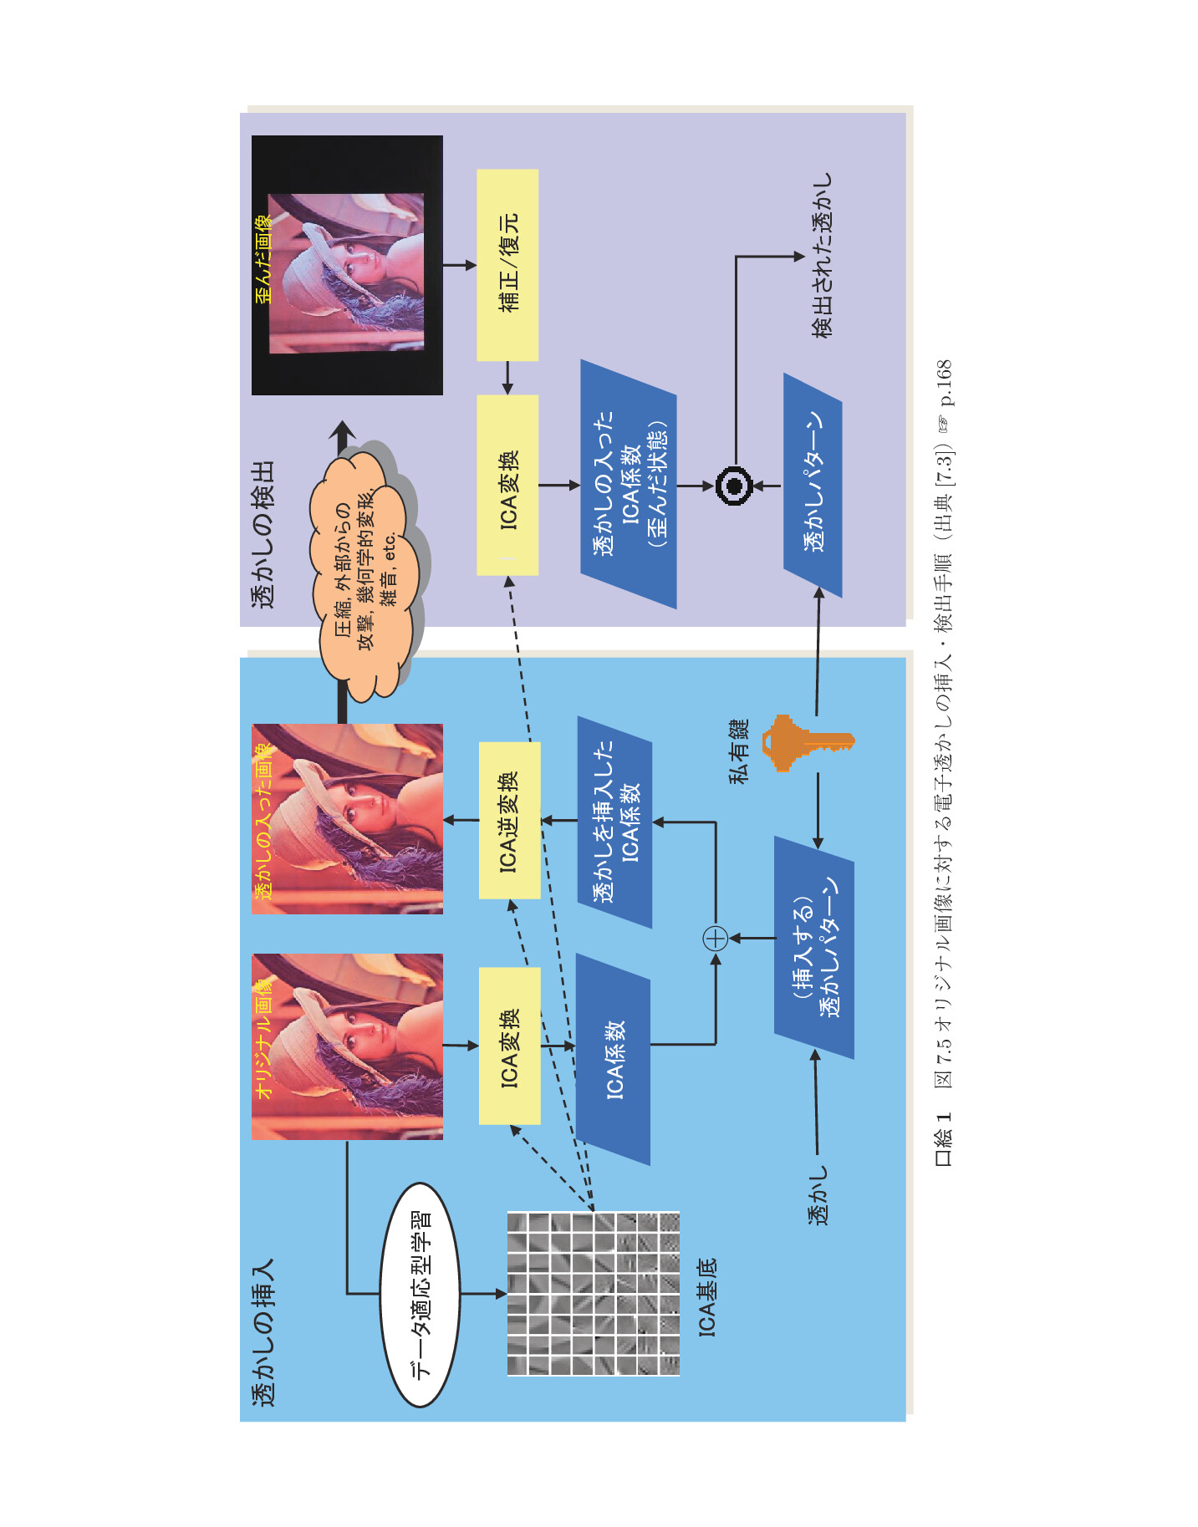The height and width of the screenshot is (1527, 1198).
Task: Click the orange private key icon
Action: tap(808, 742)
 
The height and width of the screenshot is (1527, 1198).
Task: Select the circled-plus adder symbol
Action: tap(716, 939)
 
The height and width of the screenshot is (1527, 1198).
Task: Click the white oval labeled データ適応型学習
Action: tap(421, 1295)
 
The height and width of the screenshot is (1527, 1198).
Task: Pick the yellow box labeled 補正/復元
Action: tap(507, 265)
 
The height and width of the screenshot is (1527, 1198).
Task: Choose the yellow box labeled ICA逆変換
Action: tap(509, 821)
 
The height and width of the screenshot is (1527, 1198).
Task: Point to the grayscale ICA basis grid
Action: tap(593, 1294)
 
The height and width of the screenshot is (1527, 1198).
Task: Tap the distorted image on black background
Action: tap(347, 265)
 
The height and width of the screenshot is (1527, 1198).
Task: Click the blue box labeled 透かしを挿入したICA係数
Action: tap(614, 822)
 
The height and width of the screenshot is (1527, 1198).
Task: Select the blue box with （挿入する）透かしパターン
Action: tap(814, 948)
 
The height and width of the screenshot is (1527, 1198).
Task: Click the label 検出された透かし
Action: tap(823, 256)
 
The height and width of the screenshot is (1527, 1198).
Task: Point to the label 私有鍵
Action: tap(739, 751)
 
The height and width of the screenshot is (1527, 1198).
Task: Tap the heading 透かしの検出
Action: tap(263, 534)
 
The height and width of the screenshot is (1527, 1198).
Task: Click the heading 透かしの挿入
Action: tap(263, 1333)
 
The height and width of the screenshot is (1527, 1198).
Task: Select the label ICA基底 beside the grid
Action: tap(707, 1297)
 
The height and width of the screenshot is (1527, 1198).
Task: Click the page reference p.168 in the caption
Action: tap(944, 383)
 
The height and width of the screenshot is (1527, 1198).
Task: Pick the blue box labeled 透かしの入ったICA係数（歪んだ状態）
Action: tap(629, 484)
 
